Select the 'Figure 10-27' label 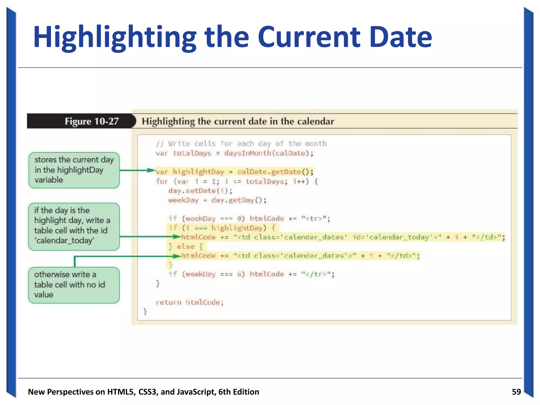pos(92,121)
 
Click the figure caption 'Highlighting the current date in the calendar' pos(238,121)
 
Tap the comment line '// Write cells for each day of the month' pos(241,144)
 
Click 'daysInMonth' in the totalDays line pos(247,153)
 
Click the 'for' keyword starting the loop pos(162,181)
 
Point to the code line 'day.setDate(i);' pos(200,191)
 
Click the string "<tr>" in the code pos(315,219)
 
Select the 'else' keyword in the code pos(186,247)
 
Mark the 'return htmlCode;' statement pos(190,302)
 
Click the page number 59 pos(516,392)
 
